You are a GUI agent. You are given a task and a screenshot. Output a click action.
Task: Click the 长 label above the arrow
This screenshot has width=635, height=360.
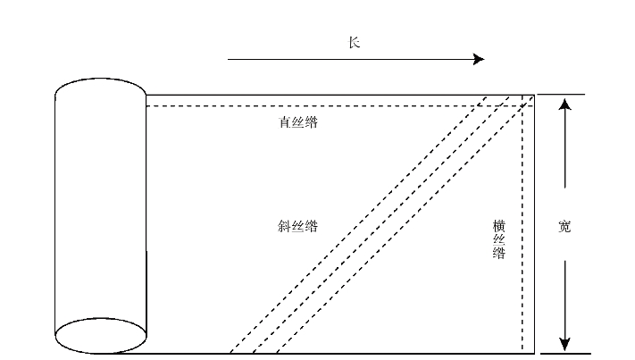coord(355,42)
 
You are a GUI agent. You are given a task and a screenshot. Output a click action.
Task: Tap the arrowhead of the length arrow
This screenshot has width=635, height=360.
coord(479,60)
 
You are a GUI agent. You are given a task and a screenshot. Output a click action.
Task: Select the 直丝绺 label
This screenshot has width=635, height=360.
coord(298,122)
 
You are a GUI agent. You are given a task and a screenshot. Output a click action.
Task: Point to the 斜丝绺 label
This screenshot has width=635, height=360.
coord(298,226)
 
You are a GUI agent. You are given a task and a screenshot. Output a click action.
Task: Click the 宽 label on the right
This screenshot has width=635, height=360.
coord(564,226)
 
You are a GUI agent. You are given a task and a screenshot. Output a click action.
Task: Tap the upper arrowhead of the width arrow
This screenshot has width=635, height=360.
coord(564,105)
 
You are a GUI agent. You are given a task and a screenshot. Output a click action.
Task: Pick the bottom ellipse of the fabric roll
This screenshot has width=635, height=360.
coord(101,335)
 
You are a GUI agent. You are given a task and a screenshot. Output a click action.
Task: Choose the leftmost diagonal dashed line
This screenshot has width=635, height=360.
coord(357,223)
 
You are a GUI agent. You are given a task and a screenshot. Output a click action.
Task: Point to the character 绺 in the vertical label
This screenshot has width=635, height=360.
coord(500,254)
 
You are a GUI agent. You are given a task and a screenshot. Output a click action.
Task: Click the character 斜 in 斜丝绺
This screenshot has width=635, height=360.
coord(284,226)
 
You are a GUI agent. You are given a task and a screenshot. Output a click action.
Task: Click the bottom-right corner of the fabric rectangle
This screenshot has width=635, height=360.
coord(534,353)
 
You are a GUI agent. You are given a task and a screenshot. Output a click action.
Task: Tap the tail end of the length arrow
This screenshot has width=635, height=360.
coord(230,60)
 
